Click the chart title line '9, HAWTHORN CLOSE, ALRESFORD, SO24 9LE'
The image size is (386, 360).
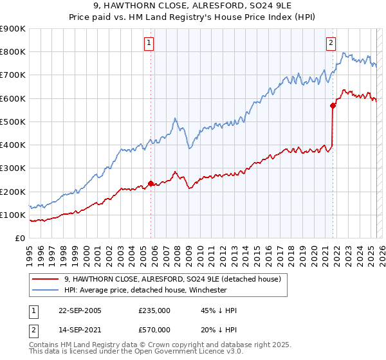coord(192,6)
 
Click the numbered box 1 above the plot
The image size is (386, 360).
coord(149,43)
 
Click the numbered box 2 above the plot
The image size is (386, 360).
coord(331,43)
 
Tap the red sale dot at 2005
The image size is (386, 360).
coord(151,183)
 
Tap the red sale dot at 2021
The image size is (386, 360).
coord(333,105)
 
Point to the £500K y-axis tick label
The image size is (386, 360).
coord(13,122)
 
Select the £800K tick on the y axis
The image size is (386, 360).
coord(13,51)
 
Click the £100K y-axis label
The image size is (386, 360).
coord(13,215)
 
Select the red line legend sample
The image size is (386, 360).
coord(46,280)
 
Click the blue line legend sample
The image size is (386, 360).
coord(46,290)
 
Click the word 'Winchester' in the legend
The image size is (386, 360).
coord(207,290)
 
